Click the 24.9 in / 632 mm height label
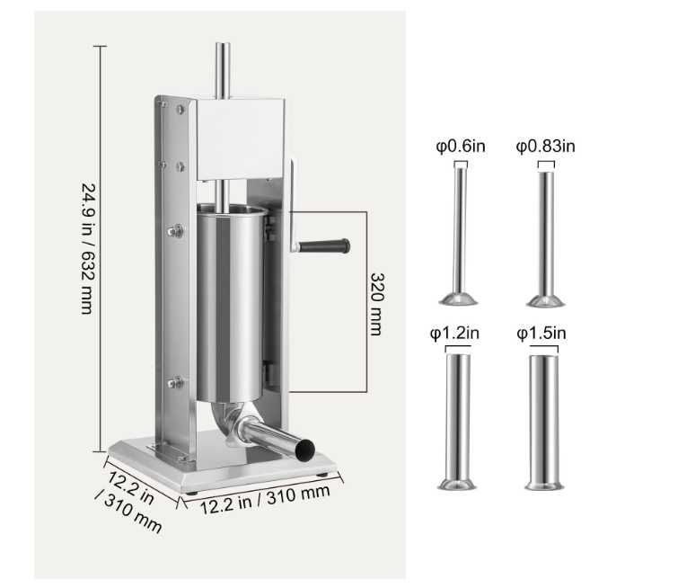(88, 248)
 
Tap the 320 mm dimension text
(376, 304)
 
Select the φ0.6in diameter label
(461, 147)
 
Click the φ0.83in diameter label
(546, 147)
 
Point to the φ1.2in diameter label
(454, 334)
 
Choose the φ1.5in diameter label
(542, 334)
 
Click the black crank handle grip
(324, 246)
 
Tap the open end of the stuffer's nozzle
(304, 450)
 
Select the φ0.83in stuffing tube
(546, 239)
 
